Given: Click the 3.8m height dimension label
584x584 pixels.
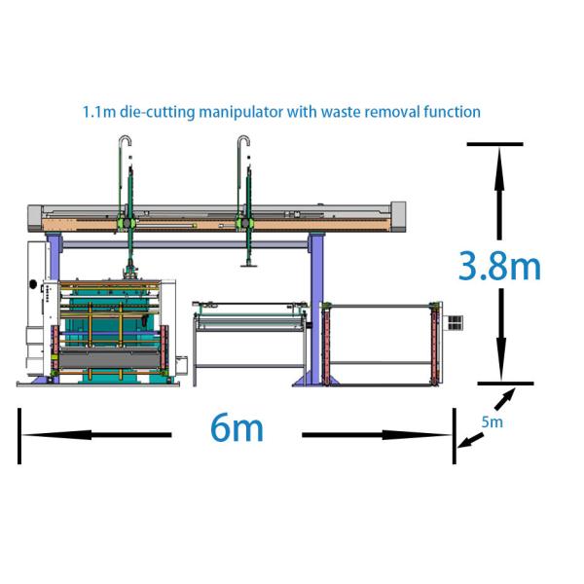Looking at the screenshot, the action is [x=499, y=266].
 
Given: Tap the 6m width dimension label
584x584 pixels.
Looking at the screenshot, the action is [x=237, y=427].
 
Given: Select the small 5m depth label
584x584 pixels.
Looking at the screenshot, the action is [x=492, y=422].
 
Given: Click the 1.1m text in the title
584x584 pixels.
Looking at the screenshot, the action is [x=98, y=112].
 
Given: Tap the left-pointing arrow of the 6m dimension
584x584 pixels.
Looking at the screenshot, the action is [x=96, y=435].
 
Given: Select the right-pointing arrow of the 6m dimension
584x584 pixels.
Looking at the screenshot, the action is [x=376, y=435].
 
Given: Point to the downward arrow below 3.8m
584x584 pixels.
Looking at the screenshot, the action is [x=501, y=335].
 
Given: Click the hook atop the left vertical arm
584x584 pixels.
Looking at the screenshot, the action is [x=126, y=142].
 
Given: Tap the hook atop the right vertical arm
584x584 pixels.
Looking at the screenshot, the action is [x=244, y=142].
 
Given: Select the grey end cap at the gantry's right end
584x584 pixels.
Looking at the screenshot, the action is [x=398, y=216].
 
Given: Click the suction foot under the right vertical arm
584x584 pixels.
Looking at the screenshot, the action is [x=248, y=265].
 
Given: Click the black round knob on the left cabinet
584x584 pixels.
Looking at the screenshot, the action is [x=33, y=284].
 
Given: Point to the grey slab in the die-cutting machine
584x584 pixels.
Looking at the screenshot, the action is [x=110, y=359].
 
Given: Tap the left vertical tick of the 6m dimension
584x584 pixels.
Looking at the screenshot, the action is [x=19, y=436].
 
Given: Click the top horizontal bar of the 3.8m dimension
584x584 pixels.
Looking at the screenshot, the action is [x=495, y=144].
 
